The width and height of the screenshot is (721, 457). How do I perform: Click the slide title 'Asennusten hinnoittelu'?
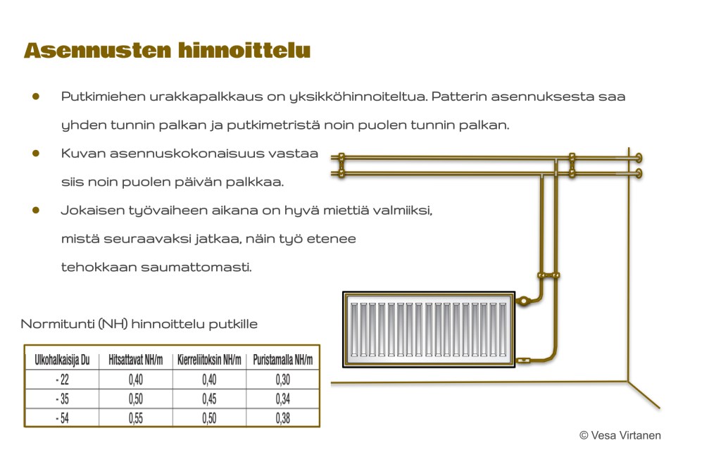pyautogui.click(x=167, y=51)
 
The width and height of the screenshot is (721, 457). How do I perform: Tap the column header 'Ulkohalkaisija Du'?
pyautogui.click(x=62, y=360)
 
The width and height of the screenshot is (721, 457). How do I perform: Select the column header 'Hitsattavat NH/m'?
pyautogui.click(x=136, y=360)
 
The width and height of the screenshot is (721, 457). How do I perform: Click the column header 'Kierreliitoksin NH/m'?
pyautogui.click(x=209, y=360)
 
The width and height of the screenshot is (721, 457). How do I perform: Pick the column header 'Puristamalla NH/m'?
pyautogui.click(x=282, y=360)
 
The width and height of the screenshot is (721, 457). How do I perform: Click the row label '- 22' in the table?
pyautogui.click(x=62, y=380)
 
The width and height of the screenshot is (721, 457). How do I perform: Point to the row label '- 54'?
pyautogui.click(x=62, y=418)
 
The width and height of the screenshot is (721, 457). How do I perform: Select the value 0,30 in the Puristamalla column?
pyautogui.click(x=282, y=380)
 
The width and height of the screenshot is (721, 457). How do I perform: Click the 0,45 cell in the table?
pyautogui.click(x=209, y=399)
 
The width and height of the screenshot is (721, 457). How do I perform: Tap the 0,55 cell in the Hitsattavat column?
pyautogui.click(x=136, y=418)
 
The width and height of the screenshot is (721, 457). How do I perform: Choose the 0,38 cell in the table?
pyautogui.click(x=282, y=418)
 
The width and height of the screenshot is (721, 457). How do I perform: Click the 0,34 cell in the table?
pyautogui.click(x=282, y=399)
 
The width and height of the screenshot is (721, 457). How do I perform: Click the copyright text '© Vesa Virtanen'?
pyautogui.click(x=620, y=435)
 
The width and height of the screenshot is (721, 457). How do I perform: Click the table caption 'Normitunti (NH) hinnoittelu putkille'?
pyautogui.click(x=139, y=325)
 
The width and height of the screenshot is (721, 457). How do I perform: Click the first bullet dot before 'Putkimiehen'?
pyautogui.click(x=35, y=96)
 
